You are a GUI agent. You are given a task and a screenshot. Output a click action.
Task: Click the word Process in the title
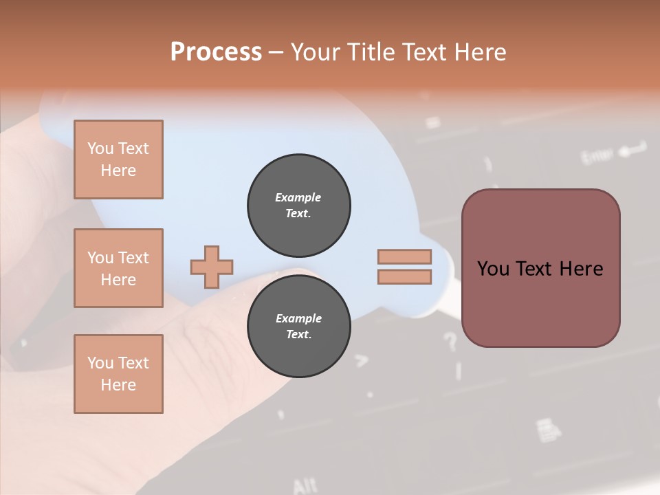pos(216,52)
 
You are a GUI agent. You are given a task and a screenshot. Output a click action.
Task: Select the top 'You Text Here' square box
pos(118,159)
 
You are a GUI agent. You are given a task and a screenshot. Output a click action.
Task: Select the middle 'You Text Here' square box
pos(118,268)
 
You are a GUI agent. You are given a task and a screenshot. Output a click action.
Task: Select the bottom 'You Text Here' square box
pos(118,373)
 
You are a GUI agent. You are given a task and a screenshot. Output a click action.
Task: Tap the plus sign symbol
pos(212,267)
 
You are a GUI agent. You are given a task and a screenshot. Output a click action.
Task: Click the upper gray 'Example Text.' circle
pos(299,205)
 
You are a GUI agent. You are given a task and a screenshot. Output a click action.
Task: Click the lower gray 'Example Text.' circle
pos(299,327)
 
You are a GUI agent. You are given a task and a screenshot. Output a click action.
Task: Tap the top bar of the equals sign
pos(404,256)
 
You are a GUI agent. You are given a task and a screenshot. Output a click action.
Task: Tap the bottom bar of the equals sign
pos(404,277)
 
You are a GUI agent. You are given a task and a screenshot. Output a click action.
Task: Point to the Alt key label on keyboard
pos(305,486)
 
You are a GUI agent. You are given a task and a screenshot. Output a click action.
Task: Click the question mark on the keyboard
pos(450,341)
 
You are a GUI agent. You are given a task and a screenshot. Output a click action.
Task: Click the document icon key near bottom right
pos(547,431)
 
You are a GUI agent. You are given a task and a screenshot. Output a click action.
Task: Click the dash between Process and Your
pos(276,52)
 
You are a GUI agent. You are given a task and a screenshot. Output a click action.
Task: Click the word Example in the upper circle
pos(298,197)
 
